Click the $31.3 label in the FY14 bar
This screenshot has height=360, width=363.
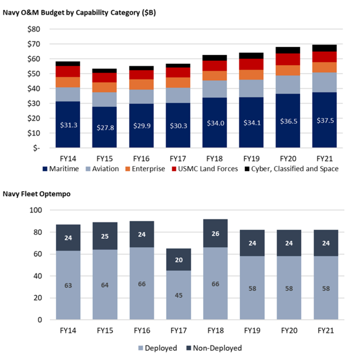click(68, 126)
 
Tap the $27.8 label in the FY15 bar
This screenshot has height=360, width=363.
click(104, 128)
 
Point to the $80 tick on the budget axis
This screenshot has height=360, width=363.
click(33, 29)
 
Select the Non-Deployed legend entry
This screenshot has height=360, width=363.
click(214, 348)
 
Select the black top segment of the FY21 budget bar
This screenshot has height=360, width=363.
click(324, 48)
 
